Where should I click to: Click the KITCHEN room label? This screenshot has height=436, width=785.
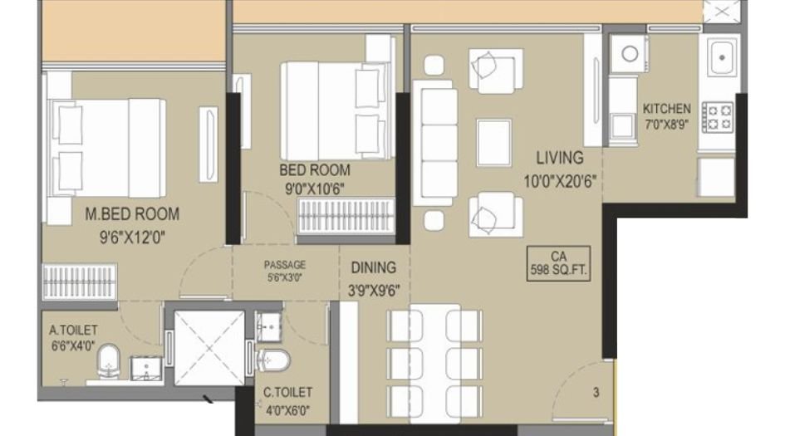(x=666, y=109)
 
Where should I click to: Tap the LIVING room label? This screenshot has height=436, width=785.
(x=559, y=157)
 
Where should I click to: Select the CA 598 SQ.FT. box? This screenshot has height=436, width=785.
(x=559, y=263)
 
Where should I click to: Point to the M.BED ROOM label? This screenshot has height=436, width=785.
(x=132, y=214)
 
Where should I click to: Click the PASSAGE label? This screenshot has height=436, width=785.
(x=285, y=265)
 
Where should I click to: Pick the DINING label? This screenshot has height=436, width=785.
(x=373, y=268)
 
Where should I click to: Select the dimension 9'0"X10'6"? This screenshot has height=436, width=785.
(x=315, y=188)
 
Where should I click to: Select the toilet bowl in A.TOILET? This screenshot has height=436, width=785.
(x=109, y=363)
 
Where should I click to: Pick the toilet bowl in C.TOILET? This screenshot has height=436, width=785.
(x=272, y=360)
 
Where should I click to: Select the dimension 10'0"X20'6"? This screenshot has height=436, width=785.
(x=561, y=179)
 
